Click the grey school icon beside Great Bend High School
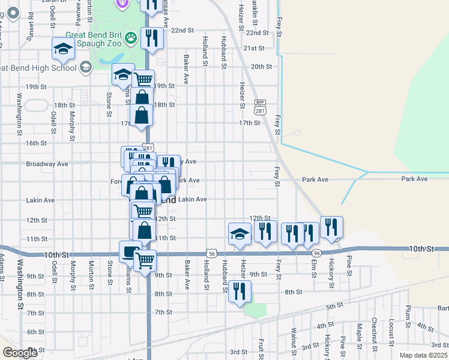[85, 67]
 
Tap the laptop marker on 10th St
[130, 252]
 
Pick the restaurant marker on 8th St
[240, 292]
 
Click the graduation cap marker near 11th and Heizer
[240, 233]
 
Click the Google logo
[20, 353]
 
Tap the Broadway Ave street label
[47, 163]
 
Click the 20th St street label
[262, 67]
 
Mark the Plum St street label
[408, 314]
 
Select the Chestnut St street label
[374, 329]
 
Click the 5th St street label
[334, 307]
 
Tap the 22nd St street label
[182, 29]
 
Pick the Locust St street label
[391, 331]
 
